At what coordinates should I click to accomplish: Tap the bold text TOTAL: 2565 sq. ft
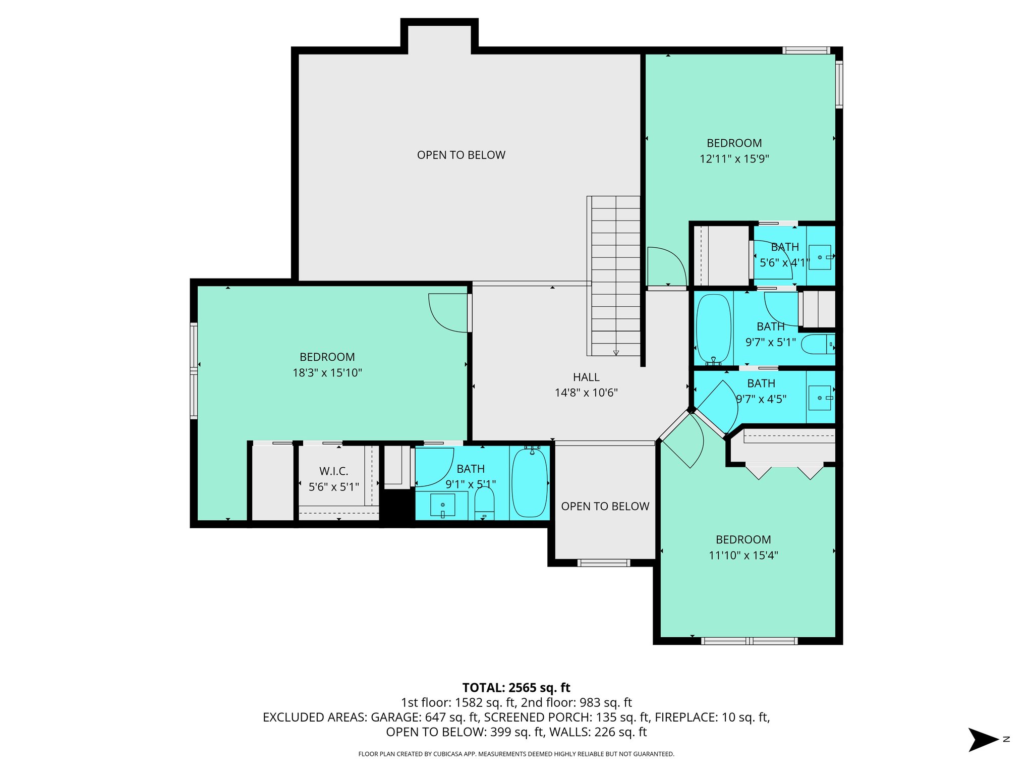click(516, 688)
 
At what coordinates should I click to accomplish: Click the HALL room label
click(586, 377)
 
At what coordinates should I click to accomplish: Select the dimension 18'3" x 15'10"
click(327, 373)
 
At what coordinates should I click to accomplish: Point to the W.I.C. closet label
click(333, 471)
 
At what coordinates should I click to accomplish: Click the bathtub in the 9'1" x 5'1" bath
click(529, 482)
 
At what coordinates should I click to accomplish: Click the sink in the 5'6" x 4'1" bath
click(820, 257)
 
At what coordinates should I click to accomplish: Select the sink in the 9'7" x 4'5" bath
click(820, 398)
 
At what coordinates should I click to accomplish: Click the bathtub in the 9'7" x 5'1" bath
click(713, 328)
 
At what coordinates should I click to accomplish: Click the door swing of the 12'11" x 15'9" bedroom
click(666, 266)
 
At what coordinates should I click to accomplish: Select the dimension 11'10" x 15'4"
click(743, 556)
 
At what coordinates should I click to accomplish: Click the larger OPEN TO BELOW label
click(461, 155)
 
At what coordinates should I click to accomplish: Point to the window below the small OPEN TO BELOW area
click(603, 563)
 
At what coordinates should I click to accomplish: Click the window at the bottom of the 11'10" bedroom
click(749, 641)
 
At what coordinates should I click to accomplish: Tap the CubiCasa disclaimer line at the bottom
click(516, 754)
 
